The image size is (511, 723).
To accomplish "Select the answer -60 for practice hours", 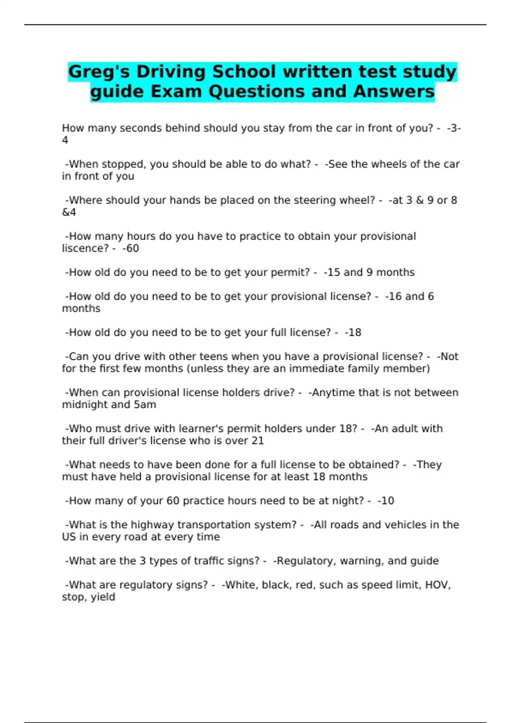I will [x=131, y=248].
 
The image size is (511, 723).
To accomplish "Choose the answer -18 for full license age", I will [x=353, y=333].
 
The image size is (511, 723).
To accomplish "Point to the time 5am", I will [x=145, y=404].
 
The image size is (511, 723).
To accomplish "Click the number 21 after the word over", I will [x=258, y=441].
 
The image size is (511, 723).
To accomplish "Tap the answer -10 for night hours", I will [x=386, y=501].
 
